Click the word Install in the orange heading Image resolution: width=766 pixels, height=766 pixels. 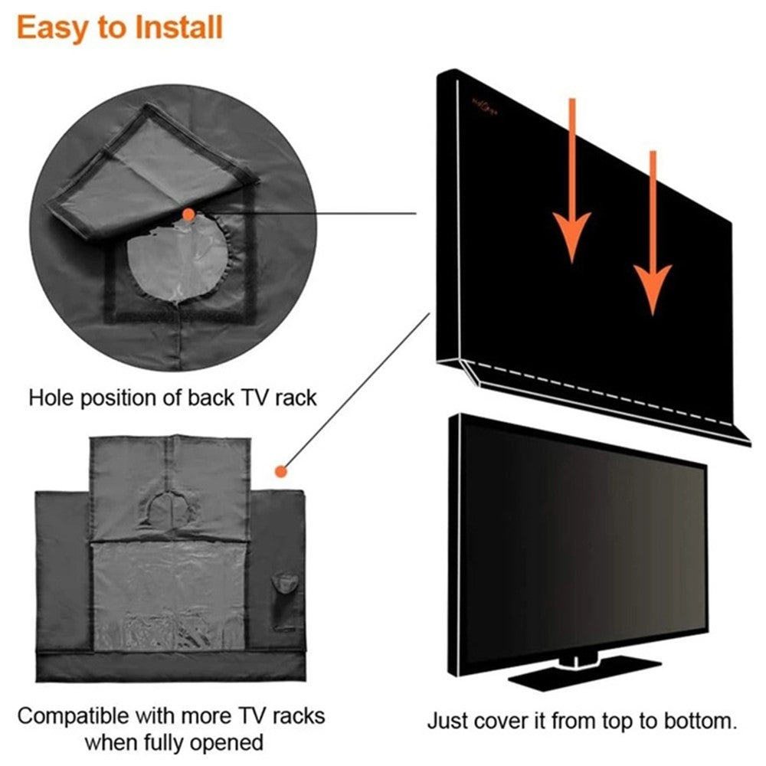(x=178, y=27)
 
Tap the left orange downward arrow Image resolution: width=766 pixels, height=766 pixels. (x=571, y=181)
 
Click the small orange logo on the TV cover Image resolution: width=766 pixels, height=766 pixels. (x=485, y=107)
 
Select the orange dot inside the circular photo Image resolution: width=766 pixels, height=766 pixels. (x=188, y=214)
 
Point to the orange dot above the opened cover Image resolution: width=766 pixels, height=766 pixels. (x=280, y=471)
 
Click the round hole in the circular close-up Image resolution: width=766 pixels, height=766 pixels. (x=178, y=262)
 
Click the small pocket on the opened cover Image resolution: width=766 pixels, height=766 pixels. (x=285, y=601)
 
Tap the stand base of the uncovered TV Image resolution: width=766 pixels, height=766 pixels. (x=584, y=674)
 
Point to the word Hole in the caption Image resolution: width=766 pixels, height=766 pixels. (x=51, y=398)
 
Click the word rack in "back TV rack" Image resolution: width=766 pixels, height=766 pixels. (x=296, y=398)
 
